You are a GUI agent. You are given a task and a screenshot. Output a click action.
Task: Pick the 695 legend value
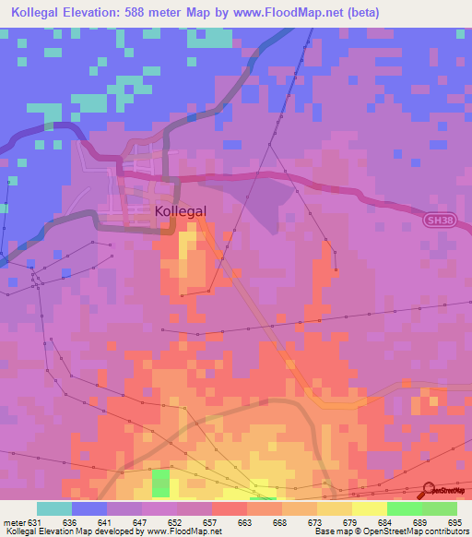[457, 523]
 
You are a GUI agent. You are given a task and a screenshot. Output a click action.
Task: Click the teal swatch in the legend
[54, 508]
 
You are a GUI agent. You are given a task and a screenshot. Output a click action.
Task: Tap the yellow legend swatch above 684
[370, 508]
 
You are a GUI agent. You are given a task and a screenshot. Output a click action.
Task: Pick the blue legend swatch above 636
[89, 508]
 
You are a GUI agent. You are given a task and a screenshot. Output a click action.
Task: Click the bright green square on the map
[161, 482]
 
